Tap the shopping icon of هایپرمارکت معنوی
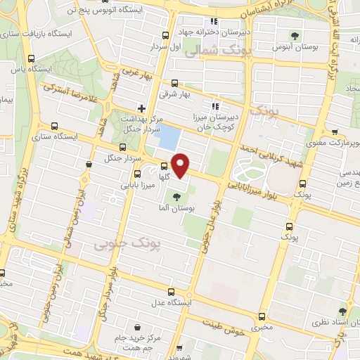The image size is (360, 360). tap(334, 131)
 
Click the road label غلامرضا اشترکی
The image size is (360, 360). tap(70, 93)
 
